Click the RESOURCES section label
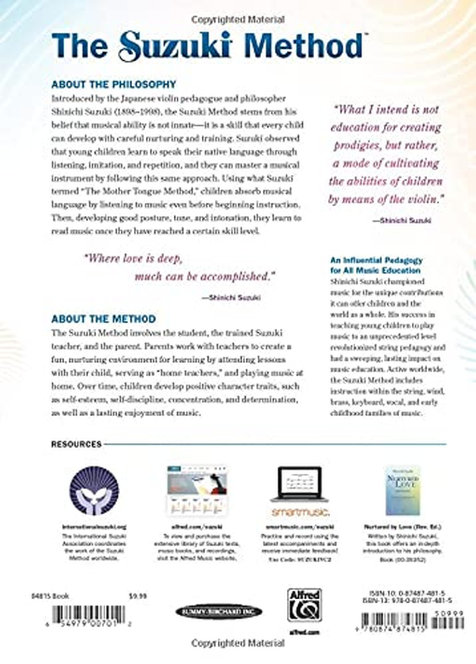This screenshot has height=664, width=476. tap(76, 443)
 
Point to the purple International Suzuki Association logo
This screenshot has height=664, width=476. tap(94, 490)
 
